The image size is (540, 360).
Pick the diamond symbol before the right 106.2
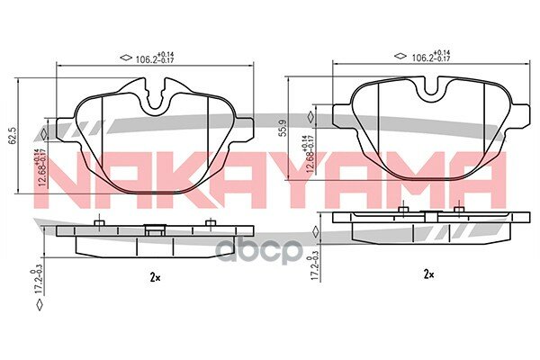tap(400, 57)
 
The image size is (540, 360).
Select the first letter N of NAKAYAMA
tap(64, 176)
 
